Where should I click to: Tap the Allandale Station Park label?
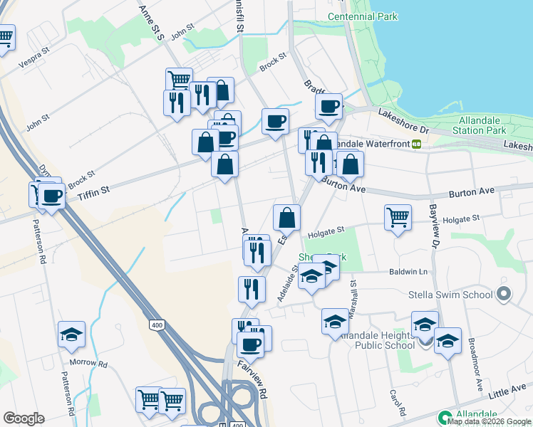[482, 126]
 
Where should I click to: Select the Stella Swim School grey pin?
[504, 294]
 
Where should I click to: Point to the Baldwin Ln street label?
[408, 272]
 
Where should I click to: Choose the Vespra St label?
[37, 56]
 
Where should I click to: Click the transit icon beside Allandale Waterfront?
[416, 144]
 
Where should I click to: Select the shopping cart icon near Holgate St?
[398, 218]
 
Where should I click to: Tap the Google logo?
[24, 418]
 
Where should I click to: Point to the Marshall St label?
[352, 294]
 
